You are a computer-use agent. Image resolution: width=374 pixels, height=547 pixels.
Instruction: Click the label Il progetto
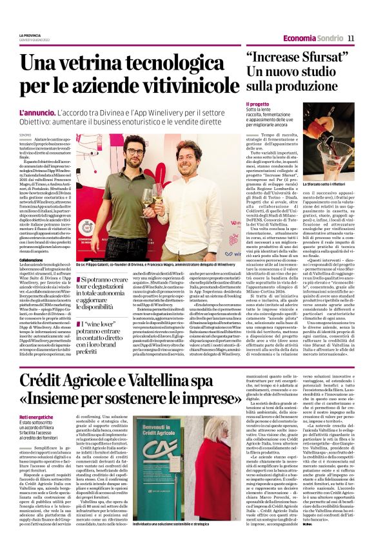(257, 104)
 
